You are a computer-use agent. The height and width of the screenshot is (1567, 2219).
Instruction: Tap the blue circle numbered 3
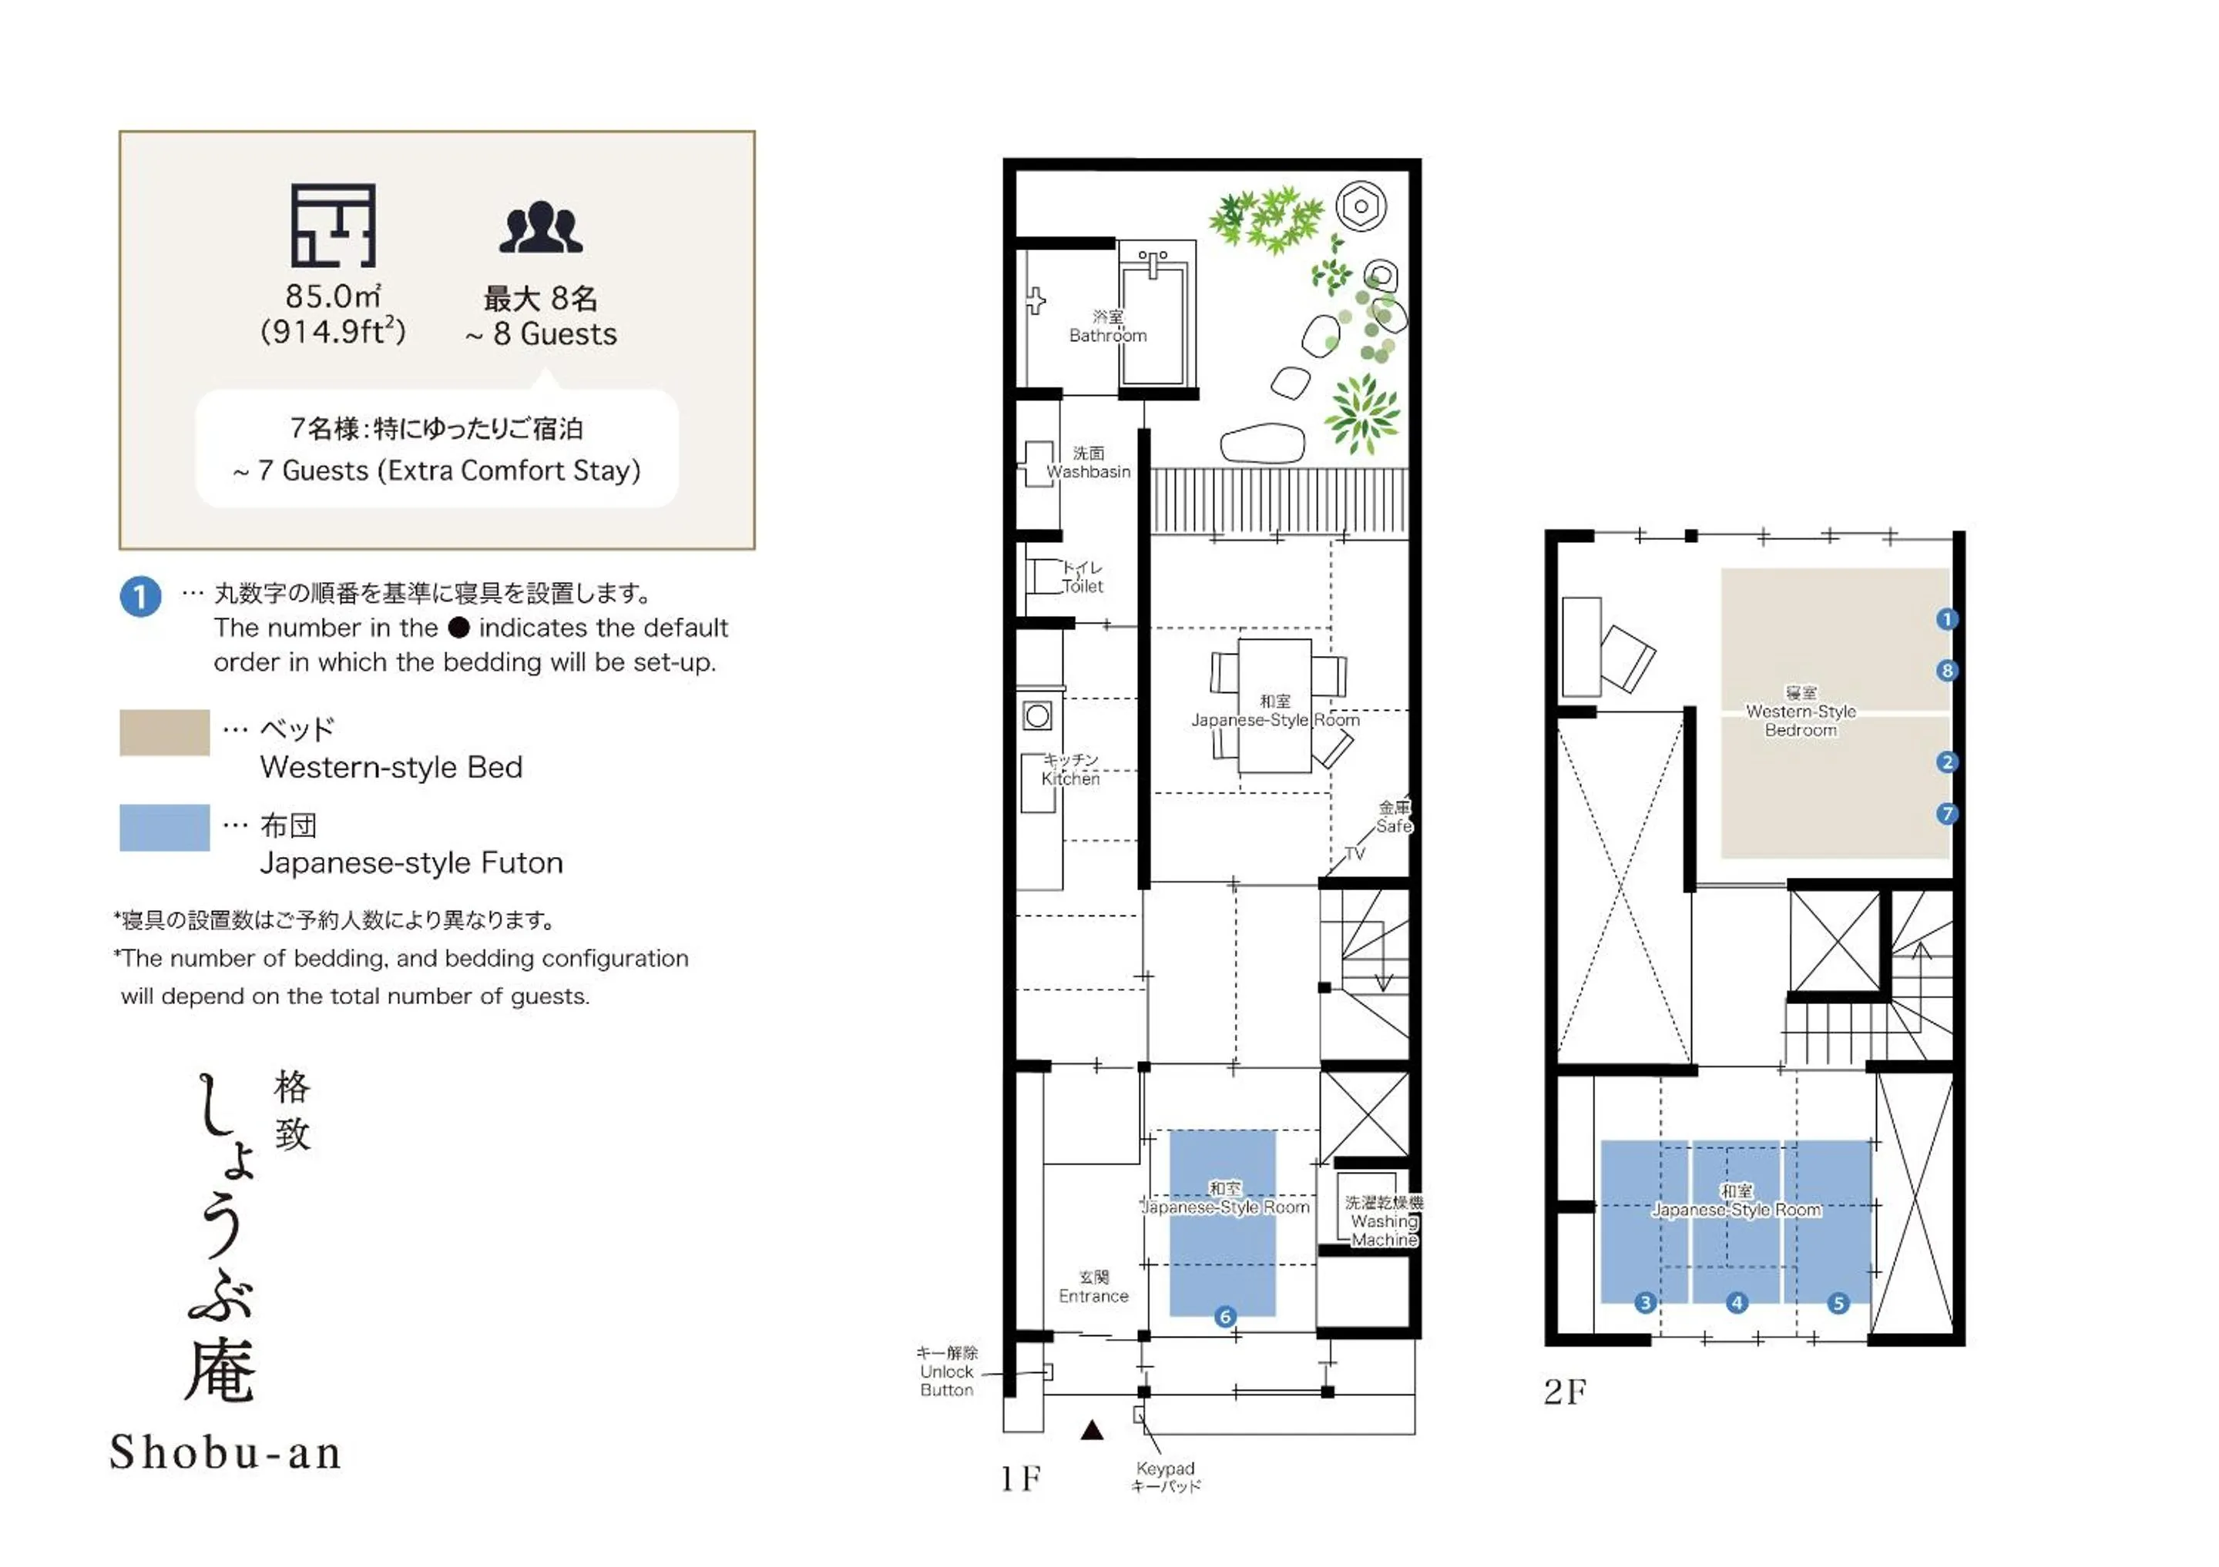(1645, 1302)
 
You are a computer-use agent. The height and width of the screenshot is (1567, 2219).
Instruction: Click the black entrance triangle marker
(1091, 1430)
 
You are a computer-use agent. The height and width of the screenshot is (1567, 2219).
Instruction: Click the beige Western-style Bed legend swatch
(164, 732)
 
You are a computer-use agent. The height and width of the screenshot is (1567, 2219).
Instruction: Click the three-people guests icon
(540, 228)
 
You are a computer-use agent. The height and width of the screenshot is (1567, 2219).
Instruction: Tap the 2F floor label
(1565, 1391)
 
